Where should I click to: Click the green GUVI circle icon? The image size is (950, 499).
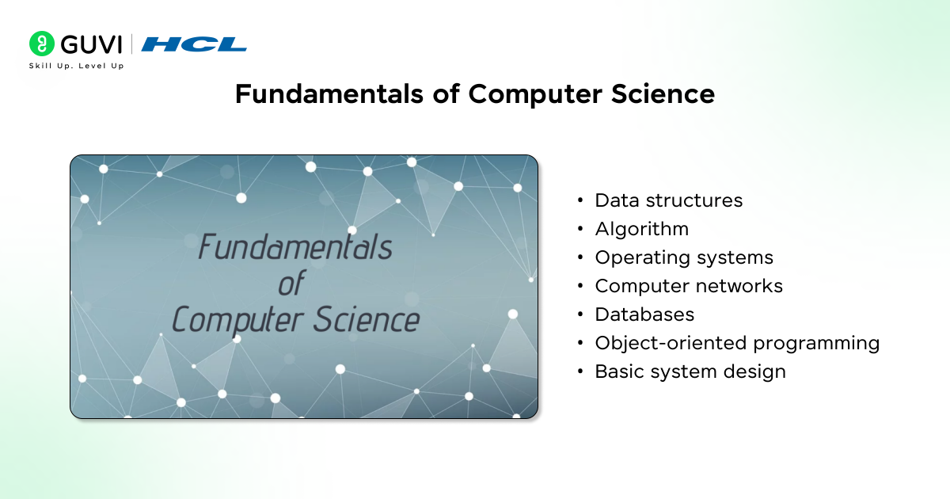[x=41, y=44]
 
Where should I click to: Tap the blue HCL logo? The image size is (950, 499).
[x=194, y=44]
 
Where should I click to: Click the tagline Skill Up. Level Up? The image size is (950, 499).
[x=76, y=66]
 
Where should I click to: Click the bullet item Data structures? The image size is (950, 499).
[x=668, y=200]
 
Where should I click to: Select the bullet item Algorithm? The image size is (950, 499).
[x=641, y=229]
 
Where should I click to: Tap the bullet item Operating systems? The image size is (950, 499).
[x=684, y=257]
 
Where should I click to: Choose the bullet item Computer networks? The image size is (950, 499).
[x=689, y=286]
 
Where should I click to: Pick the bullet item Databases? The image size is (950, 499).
[x=644, y=314]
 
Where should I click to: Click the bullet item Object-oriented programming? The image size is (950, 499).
[x=737, y=343]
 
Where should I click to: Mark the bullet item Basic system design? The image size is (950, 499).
[x=690, y=371]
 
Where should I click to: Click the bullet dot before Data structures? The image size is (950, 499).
[x=582, y=201]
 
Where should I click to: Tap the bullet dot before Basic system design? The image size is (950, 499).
[x=582, y=372]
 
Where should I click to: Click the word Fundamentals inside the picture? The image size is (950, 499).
[x=294, y=247]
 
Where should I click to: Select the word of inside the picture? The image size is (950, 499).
[x=291, y=284]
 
